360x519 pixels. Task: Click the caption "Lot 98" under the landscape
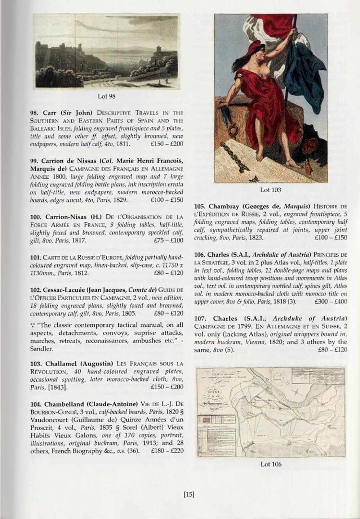tap(107, 96)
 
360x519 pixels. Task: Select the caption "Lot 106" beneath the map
tap(271, 464)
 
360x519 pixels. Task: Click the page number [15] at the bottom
tap(189, 495)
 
